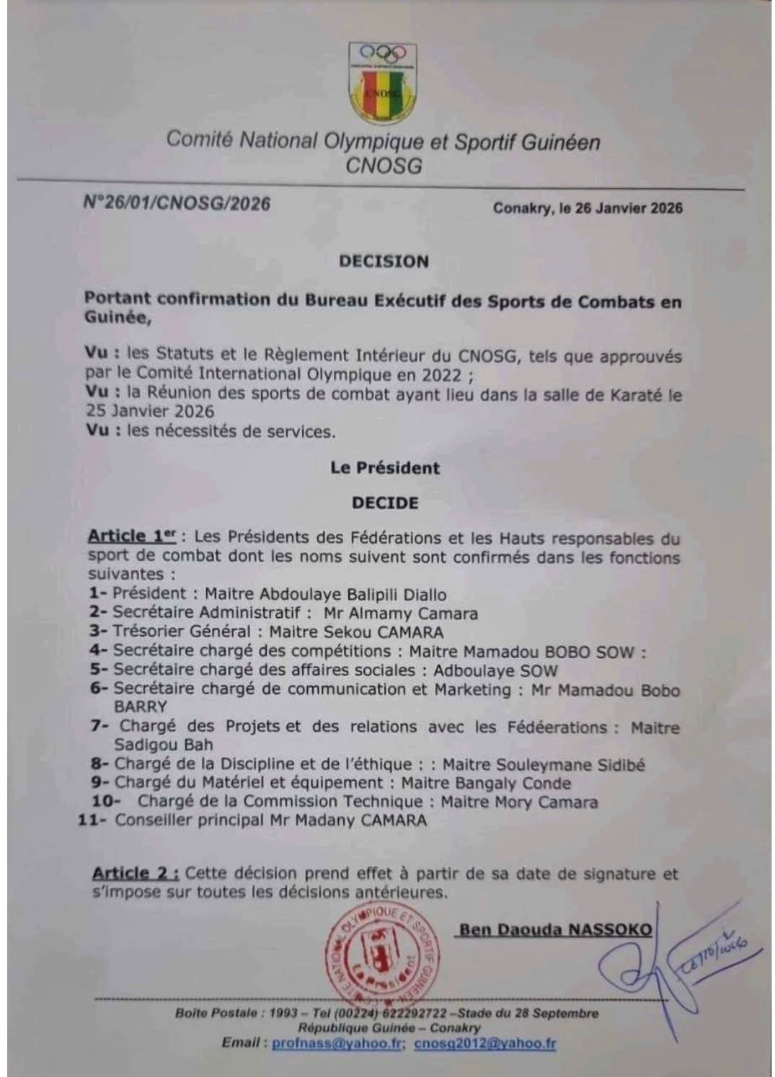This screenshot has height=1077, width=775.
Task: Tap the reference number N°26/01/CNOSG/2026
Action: (x=177, y=204)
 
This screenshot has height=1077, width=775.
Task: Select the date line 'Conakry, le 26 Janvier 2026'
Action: (x=588, y=208)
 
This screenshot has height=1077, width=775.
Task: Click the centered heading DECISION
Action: (x=384, y=261)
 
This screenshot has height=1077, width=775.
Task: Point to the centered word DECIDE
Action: (x=385, y=502)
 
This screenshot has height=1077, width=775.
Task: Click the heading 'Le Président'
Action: (x=385, y=468)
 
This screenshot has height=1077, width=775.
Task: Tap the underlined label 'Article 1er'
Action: (x=131, y=537)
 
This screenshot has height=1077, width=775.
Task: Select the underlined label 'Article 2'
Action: (x=136, y=874)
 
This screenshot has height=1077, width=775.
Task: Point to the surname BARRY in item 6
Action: (x=141, y=706)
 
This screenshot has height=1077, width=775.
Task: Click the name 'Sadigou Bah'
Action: (x=164, y=745)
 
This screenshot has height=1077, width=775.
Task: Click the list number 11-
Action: (x=93, y=820)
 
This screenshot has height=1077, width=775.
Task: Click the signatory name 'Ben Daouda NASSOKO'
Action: (x=555, y=929)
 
